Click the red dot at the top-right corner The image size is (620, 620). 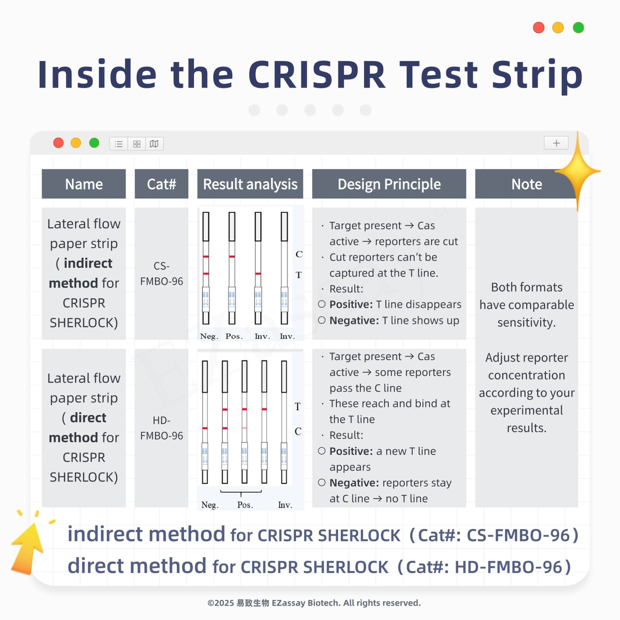(x=539, y=28)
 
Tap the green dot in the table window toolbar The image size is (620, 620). (x=94, y=143)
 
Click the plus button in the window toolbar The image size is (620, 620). (x=556, y=143)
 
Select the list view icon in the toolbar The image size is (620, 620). (x=119, y=144)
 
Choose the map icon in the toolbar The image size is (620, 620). (x=154, y=144)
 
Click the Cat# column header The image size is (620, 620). (x=161, y=184)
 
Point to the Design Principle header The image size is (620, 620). (x=389, y=184)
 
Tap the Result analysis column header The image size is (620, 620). (x=250, y=184)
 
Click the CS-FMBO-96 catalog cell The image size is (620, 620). (x=161, y=273)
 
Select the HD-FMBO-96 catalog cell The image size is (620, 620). (x=161, y=428)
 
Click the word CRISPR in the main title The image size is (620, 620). (x=316, y=74)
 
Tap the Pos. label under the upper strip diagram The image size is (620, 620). (x=234, y=336)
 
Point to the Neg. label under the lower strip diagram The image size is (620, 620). (x=210, y=505)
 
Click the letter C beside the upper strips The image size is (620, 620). (x=299, y=254)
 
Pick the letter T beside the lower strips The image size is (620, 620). (x=298, y=407)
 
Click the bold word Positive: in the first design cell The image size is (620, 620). (x=351, y=304)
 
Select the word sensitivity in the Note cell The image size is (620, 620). (x=526, y=322)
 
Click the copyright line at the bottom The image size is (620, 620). (x=314, y=603)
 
